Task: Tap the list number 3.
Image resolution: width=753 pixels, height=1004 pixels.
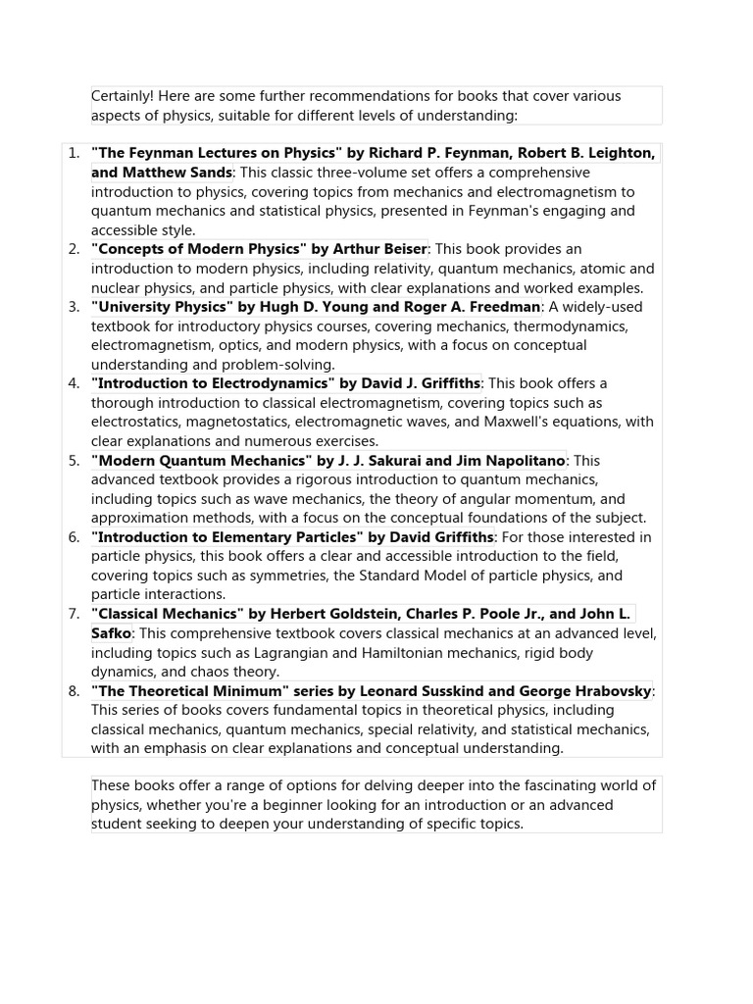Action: click(x=74, y=307)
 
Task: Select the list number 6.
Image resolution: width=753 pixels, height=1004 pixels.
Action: click(x=74, y=537)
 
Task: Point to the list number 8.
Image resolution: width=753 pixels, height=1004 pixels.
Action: click(x=74, y=691)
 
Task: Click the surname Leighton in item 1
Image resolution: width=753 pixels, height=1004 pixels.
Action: click(x=621, y=153)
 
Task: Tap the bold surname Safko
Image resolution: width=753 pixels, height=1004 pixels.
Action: click(x=111, y=633)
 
